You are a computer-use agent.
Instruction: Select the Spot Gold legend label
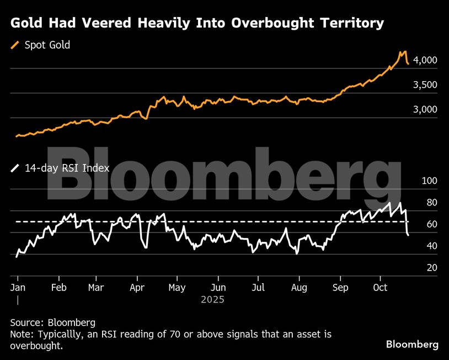click(x=47, y=45)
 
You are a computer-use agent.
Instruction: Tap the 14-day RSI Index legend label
click(x=67, y=168)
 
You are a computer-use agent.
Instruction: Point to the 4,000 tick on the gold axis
click(x=425, y=60)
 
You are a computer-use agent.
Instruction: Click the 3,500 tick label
click(x=425, y=85)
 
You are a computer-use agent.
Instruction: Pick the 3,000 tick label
click(x=425, y=110)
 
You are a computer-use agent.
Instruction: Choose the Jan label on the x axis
click(x=18, y=288)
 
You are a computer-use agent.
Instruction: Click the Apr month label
click(x=137, y=288)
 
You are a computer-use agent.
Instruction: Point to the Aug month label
click(x=298, y=288)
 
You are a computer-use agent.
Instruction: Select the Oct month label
click(x=381, y=288)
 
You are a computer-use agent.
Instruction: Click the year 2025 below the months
click(x=212, y=300)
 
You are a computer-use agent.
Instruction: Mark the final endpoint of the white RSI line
click(x=408, y=236)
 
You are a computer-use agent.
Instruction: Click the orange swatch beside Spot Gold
click(x=15, y=45)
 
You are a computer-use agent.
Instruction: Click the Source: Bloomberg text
click(x=53, y=322)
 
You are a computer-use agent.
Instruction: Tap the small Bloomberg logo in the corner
click(x=412, y=345)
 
